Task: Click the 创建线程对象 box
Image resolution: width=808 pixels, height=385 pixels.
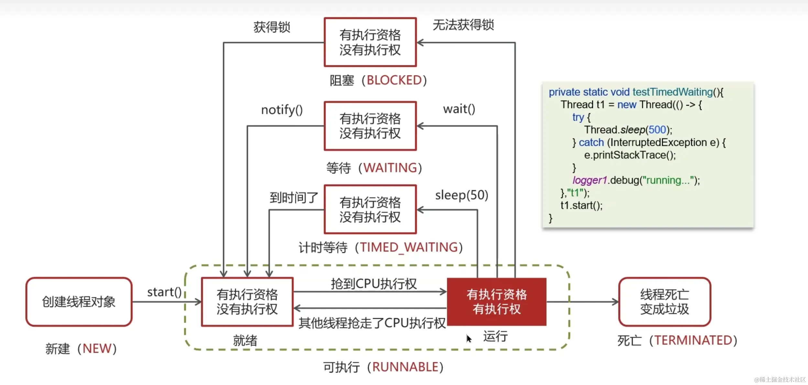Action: [x=79, y=302]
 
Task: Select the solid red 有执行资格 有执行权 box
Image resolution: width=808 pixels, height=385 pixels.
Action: [x=497, y=302]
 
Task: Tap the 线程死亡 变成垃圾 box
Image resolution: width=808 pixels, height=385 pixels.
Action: [x=664, y=302]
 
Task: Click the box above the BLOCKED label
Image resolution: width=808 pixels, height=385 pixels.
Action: [x=370, y=42]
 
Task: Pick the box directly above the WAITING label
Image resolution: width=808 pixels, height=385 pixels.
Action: [x=370, y=126]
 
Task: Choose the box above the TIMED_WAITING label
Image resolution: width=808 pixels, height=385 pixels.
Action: [x=370, y=210]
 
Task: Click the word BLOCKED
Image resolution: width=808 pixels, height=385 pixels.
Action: [x=394, y=80]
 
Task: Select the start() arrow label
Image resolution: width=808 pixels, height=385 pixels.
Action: [x=164, y=292]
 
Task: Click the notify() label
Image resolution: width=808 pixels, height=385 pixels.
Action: [x=282, y=110]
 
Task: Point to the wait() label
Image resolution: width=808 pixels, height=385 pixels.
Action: [x=459, y=109]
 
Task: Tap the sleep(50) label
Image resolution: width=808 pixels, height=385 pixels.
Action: [x=461, y=195]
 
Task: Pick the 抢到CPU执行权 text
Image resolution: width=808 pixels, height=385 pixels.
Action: [x=374, y=284]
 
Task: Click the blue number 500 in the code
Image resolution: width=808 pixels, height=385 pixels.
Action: [x=657, y=130]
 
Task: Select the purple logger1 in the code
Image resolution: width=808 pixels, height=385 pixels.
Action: [x=589, y=180]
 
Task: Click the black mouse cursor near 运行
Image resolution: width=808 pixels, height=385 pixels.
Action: [x=469, y=338]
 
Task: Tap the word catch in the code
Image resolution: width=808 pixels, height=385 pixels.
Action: [x=591, y=142]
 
